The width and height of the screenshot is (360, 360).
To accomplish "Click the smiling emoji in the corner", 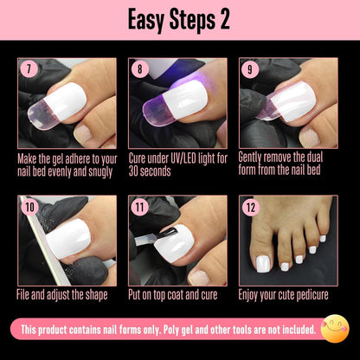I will [334, 329].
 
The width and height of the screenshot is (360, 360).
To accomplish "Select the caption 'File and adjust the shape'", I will [65, 294].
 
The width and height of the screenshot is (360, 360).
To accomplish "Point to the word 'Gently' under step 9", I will [257, 158].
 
